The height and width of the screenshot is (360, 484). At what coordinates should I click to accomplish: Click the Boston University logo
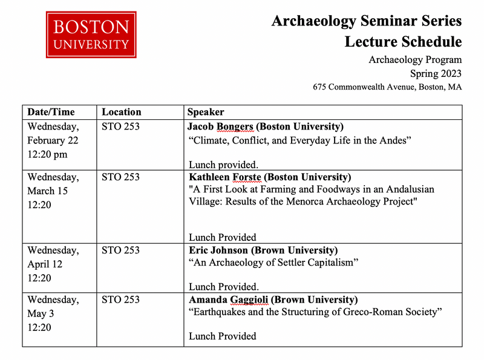[x=91, y=34]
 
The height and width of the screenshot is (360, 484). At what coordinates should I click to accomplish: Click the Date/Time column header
[x=51, y=112]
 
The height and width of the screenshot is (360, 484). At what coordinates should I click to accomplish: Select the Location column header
[x=121, y=112]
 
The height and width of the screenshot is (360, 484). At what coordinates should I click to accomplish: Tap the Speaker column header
[x=205, y=112]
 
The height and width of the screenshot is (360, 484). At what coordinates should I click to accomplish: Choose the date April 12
[x=45, y=264]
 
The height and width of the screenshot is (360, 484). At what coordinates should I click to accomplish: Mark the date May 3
[x=40, y=313]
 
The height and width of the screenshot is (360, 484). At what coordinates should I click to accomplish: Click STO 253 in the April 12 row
[x=120, y=250]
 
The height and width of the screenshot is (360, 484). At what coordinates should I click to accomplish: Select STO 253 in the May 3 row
[x=120, y=299]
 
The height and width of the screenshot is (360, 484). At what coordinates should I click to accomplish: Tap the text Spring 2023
[x=436, y=73]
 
